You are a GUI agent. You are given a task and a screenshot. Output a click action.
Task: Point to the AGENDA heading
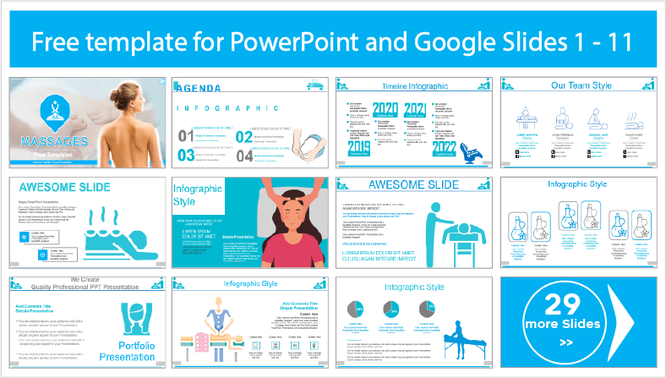[x=200, y=88]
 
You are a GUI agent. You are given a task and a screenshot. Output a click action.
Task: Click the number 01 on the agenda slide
[x=186, y=136]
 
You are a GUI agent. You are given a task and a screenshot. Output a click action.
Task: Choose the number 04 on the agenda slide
[x=245, y=155]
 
